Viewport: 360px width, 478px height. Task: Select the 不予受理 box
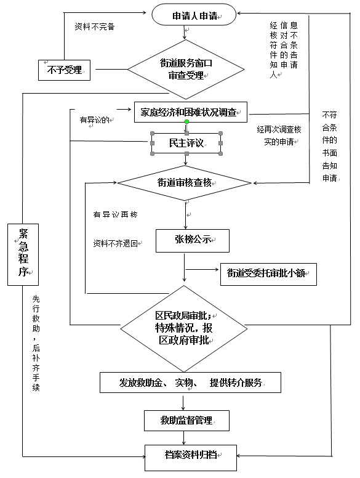pos(64,70)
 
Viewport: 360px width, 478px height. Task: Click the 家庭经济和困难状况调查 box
pos(191,113)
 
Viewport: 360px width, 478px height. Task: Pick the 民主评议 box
pos(186,144)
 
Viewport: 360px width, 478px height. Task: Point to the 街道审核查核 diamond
pos(185,182)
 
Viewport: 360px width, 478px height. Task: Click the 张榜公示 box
pos(193,240)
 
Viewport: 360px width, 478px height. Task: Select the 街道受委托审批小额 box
pos(268,273)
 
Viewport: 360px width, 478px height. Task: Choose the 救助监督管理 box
pos(186,420)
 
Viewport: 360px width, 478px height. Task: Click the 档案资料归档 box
pos(190,456)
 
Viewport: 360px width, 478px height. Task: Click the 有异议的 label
pos(95,119)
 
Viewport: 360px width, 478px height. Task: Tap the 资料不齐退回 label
pos(116,243)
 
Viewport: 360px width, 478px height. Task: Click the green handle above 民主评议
pos(186,121)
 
